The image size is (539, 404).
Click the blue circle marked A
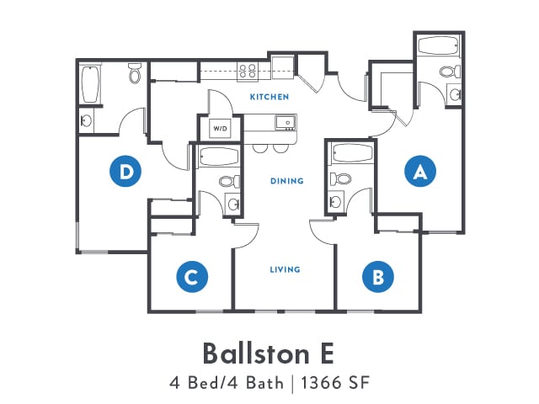[x=420, y=171]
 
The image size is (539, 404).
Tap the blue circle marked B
[x=378, y=277]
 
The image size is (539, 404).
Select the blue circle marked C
[x=192, y=277]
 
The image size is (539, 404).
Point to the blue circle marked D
[x=125, y=171]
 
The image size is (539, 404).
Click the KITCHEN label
[x=269, y=97]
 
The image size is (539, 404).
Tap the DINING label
[x=287, y=181]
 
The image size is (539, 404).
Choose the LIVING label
[x=285, y=269]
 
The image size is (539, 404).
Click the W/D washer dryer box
[x=220, y=129]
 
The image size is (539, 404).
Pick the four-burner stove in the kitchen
[x=248, y=72]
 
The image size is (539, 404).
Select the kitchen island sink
[x=286, y=123]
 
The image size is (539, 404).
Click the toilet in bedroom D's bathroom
[x=135, y=72]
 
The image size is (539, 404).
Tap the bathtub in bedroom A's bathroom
[x=438, y=45]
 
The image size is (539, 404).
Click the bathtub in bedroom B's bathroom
[x=352, y=153]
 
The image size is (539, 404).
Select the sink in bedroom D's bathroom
[x=86, y=120]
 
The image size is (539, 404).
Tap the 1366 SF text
[x=335, y=383]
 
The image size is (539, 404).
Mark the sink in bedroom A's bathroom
[x=455, y=93]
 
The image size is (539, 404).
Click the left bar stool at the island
[x=259, y=148]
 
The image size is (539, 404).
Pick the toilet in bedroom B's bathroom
[x=340, y=179]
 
